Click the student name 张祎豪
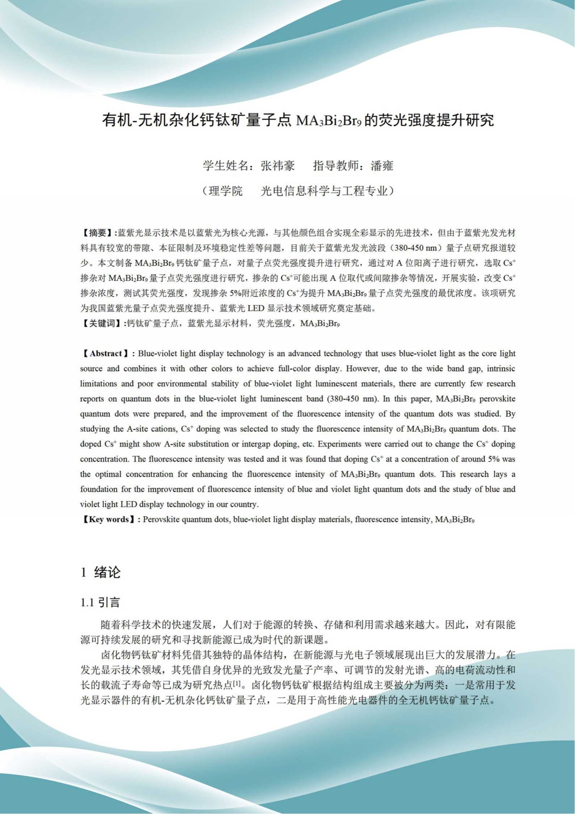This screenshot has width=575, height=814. (278, 166)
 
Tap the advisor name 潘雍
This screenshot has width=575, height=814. (382, 166)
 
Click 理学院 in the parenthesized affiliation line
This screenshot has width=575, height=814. (226, 191)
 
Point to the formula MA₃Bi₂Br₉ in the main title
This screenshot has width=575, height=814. (328, 120)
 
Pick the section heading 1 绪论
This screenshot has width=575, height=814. (100, 573)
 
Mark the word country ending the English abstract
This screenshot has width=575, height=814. (245, 504)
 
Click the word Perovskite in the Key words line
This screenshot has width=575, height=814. (161, 519)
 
